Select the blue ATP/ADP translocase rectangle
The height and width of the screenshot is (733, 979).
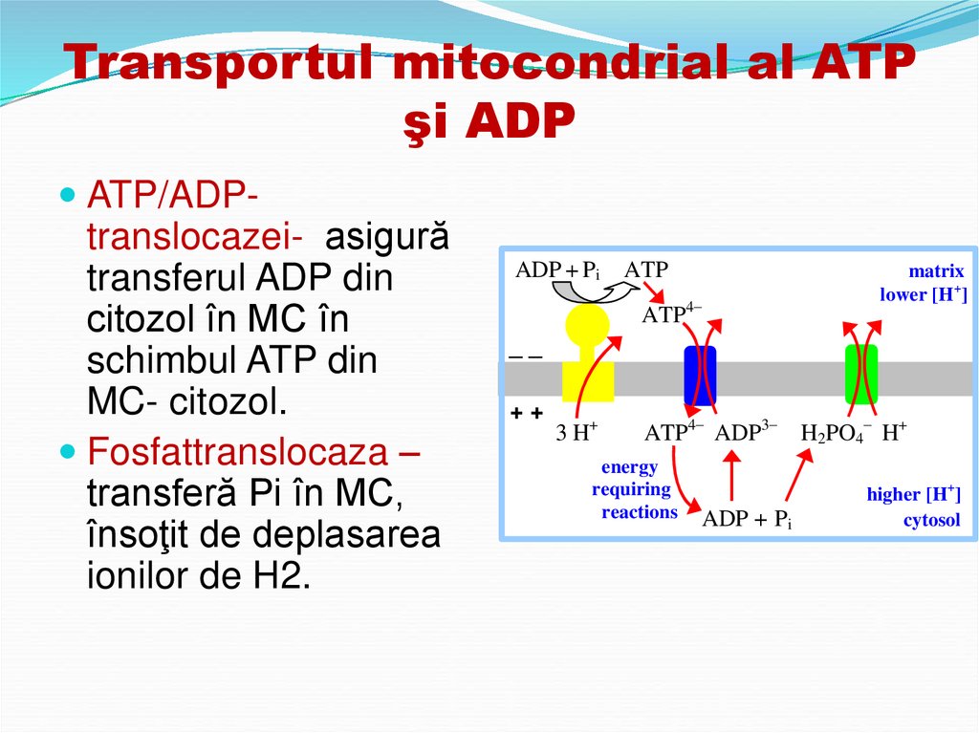[700, 375]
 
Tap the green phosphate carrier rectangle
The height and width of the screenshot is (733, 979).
[860, 374]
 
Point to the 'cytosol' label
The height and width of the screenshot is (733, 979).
[932, 521]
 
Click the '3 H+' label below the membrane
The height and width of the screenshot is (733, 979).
[577, 432]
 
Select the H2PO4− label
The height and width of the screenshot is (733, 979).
[835, 432]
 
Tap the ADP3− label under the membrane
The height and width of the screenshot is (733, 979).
[746, 432]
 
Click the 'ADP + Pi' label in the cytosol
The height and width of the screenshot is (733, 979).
[748, 520]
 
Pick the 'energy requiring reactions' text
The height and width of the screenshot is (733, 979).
[632, 490]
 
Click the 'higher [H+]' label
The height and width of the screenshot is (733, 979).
[914, 494]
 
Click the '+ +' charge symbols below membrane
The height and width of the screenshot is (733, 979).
[526, 413]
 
